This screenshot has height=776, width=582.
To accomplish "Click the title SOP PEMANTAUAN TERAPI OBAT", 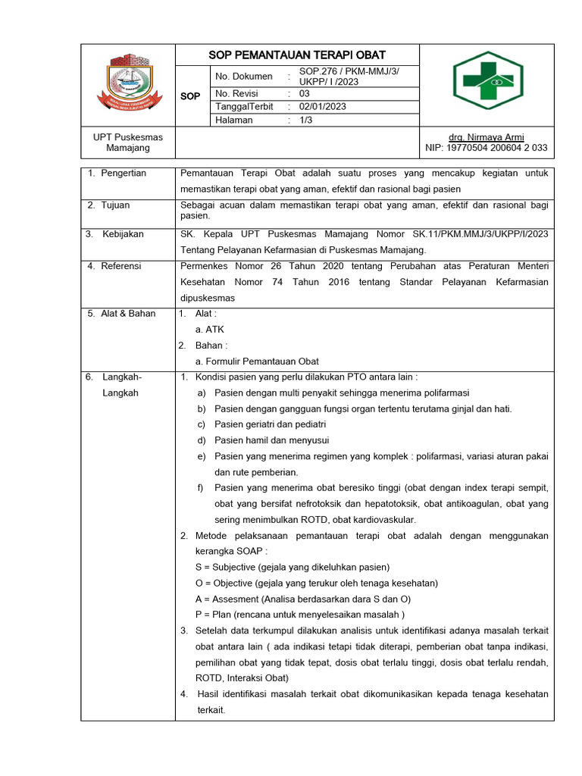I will click(x=297, y=55).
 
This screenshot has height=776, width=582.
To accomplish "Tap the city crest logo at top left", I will click(x=128, y=80).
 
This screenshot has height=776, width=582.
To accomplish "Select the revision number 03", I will click(x=305, y=93).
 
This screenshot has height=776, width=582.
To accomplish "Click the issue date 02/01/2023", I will click(x=323, y=107).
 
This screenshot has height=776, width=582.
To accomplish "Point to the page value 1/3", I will click(x=308, y=120).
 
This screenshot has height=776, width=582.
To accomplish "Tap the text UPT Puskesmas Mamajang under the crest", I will click(x=128, y=142).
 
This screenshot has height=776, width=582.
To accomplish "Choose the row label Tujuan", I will click(x=114, y=205).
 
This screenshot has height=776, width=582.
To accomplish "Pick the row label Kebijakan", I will click(x=123, y=234).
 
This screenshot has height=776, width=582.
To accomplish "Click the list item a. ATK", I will click(x=210, y=330).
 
